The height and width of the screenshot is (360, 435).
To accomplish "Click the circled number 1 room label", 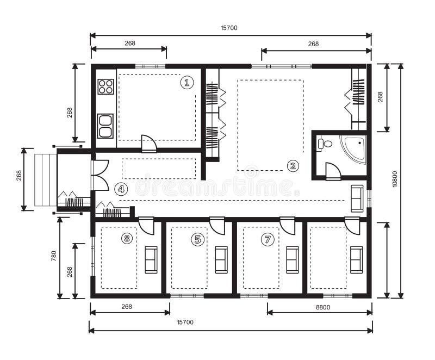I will coord(187,83).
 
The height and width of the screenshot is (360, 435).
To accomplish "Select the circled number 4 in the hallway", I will coord(121,189).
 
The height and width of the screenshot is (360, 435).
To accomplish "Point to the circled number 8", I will coord(127,238).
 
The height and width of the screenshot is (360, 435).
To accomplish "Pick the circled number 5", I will coord(197,238).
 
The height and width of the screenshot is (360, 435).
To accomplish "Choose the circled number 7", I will coord(266,239).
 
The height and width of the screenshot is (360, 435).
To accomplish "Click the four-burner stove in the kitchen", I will coord(105,86).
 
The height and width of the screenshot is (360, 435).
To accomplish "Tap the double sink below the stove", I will coord(105,126).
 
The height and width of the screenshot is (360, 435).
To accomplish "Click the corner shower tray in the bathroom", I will coord(355,148).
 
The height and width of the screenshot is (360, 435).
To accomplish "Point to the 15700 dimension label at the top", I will coord(229,28).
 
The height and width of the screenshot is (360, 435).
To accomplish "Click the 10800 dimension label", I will coord(395,181).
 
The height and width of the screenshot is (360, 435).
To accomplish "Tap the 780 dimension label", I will coord(53,257).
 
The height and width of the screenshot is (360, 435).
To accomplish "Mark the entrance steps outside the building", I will coord(45,180).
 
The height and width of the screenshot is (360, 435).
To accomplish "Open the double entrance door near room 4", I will coord(100,175).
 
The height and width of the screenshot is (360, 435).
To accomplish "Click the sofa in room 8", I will coord(151,259).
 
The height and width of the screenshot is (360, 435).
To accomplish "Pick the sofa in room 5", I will coord(221,259).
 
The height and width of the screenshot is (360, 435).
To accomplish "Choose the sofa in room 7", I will coord(293,259).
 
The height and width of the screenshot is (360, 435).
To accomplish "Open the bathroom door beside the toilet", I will coord(333,172).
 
